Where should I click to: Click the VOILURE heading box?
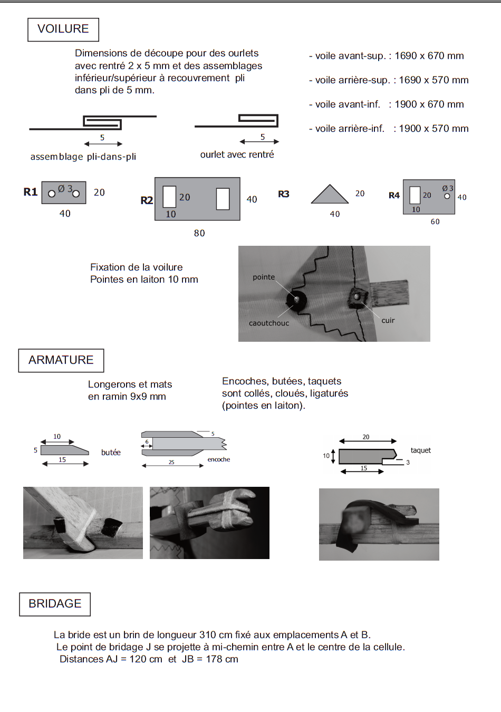(63, 30)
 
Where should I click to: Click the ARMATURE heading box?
(61, 360)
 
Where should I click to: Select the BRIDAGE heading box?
(55, 604)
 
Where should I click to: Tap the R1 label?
(31, 192)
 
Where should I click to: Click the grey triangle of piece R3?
(330, 196)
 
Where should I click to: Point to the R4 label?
(394, 196)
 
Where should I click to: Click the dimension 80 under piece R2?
(199, 233)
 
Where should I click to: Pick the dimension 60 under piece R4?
(435, 222)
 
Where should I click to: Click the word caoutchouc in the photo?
(269, 323)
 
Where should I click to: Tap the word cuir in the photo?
(388, 321)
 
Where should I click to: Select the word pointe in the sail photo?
(264, 277)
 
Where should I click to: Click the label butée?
(111, 453)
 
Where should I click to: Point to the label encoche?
(219, 459)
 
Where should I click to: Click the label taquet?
(421, 450)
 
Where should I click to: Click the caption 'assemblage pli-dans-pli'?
(83, 157)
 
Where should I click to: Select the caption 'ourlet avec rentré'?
(237, 155)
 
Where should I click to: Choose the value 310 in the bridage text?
(208, 635)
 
